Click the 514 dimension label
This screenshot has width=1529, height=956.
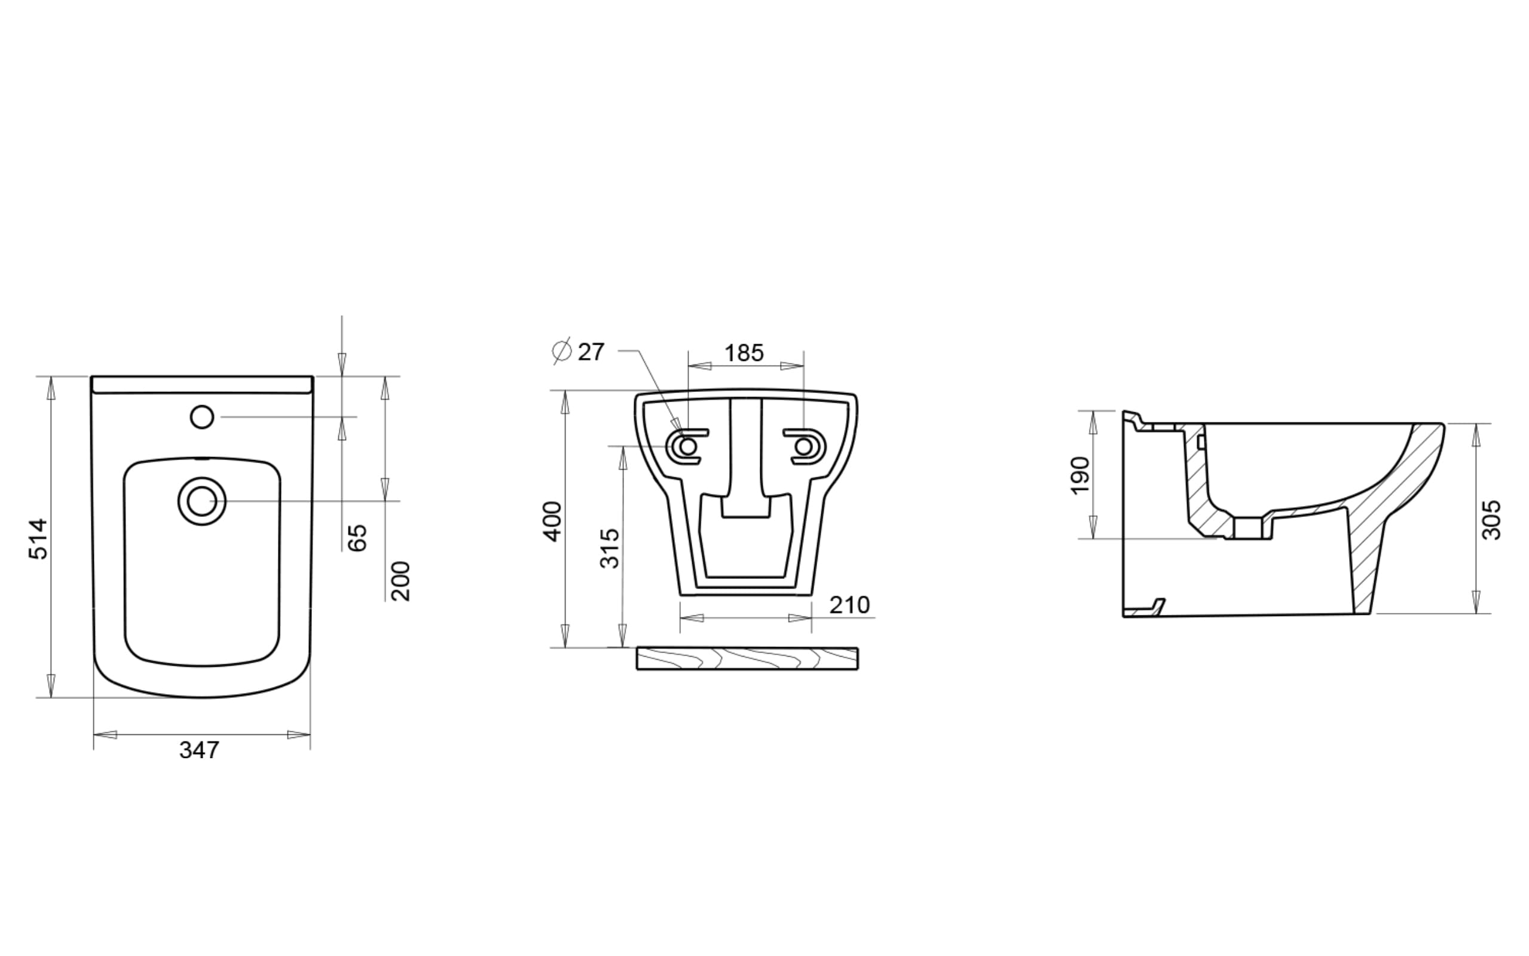tap(39, 539)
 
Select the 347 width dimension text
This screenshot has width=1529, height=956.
tap(199, 750)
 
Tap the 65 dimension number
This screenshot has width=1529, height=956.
tap(358, 537)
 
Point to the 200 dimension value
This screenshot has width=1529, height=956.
tap(401, 581)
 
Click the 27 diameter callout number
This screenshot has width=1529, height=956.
tap(591, 352)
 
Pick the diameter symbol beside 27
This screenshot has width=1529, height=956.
tap(561, 350)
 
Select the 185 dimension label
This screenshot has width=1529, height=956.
tap(744, 353)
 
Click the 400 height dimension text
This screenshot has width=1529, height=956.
tap(553, 522)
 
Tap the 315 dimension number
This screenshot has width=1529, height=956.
tap(610, 548)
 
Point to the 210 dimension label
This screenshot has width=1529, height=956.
tap(850, 605)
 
